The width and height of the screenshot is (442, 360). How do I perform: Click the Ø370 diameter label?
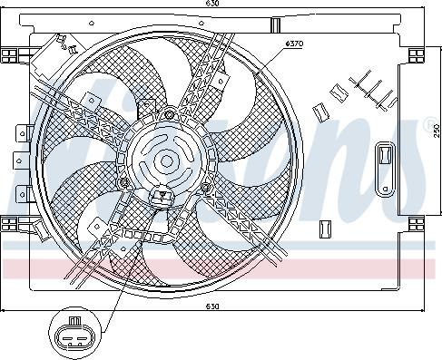[294, 44]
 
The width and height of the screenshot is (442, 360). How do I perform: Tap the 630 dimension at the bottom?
[212, 306]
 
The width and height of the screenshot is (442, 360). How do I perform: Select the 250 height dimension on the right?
[437, 131]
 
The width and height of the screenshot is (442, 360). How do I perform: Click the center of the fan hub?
[166, 161]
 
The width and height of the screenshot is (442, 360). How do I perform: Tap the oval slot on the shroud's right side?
[385, 170]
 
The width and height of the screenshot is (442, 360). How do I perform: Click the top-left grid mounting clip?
[9, 56]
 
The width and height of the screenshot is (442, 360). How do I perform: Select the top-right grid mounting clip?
[417, 55]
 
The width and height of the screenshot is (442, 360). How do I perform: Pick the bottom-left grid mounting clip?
[9, 224]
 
